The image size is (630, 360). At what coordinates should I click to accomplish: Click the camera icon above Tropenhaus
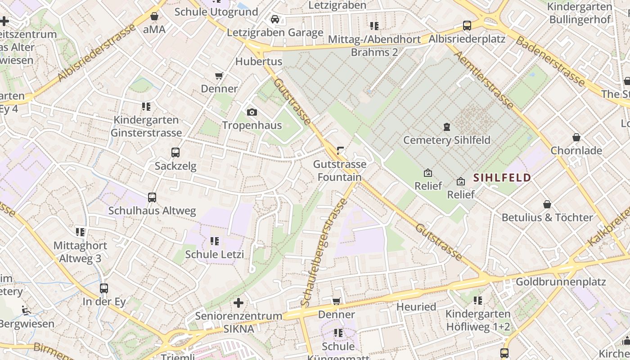point(252,112)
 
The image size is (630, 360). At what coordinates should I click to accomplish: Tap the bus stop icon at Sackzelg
point(175,153)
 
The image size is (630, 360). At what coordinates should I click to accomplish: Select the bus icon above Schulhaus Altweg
point(152,197)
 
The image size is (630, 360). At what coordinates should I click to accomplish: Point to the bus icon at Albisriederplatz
point(467,25)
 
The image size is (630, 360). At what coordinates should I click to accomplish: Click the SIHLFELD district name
point(502,178)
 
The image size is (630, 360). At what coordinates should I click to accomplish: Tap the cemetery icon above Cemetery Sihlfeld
point(446,127)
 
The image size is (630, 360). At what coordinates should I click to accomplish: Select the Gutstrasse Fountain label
point(340,171)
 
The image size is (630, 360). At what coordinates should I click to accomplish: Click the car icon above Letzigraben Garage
point(275,19)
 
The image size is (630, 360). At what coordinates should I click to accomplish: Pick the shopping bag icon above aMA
point(154,16)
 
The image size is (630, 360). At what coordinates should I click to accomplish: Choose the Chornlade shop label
point(576,150)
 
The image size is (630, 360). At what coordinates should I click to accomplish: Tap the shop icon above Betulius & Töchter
point(547,204)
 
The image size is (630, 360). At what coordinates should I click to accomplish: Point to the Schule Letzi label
point(215,254)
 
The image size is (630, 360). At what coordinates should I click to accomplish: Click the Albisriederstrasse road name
point(96,53)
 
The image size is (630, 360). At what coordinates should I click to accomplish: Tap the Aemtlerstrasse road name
point(484,80)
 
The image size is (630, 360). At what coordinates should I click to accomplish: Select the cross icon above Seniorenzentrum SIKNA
point(238,303)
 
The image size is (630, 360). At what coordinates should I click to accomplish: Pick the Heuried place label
point(416,307)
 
